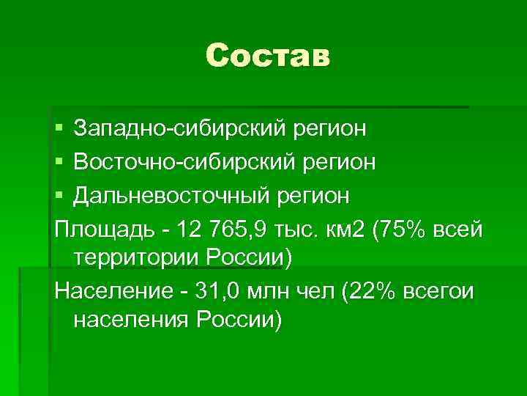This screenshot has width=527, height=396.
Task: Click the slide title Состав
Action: click(268, 56)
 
